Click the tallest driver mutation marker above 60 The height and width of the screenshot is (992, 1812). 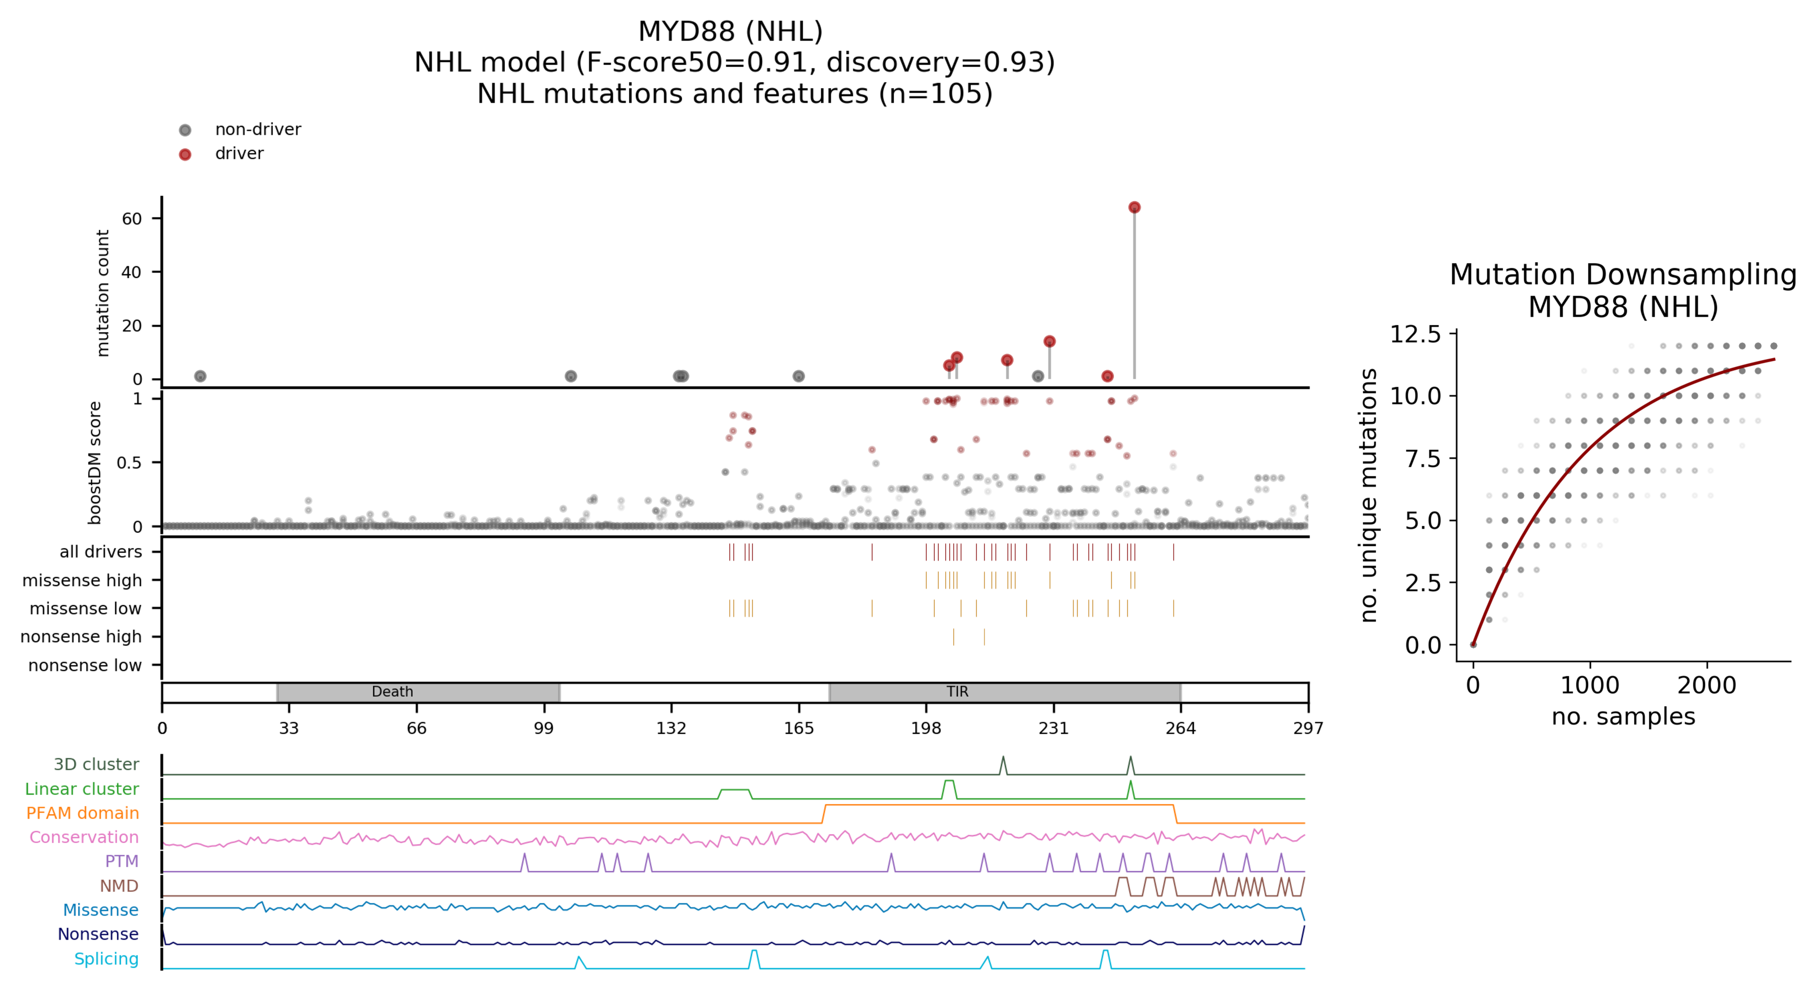coord(1134,208)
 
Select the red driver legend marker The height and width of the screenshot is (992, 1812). coord(185,154)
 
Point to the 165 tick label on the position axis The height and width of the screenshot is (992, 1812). coord(798,728)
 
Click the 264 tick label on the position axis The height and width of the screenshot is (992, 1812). coord(1180,728)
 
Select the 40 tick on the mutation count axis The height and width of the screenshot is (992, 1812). coord(131,272)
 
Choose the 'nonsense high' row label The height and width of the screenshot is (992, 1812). coord(81,637)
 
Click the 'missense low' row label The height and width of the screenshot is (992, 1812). coord(85,609)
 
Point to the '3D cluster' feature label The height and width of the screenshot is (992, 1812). coord(96,765)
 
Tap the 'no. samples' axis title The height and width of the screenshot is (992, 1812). coord(1623,717)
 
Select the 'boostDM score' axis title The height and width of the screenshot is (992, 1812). coord(95,463)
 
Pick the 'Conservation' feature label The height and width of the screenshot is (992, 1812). coord(84,837)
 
